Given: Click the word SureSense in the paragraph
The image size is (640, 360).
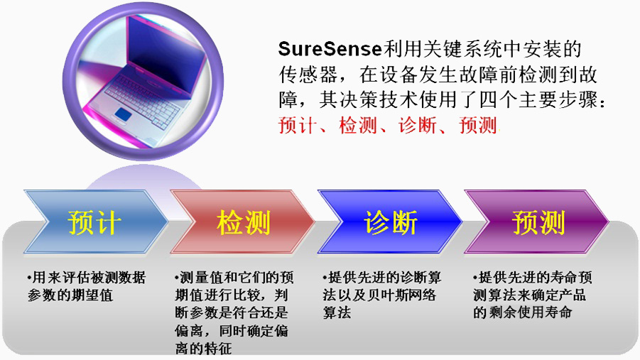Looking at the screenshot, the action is pyautogui.click(x=330, y=49).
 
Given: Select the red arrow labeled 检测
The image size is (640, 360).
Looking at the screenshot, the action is pyautogui.click(x=243, y=222).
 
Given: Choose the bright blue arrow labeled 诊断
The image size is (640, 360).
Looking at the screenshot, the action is pyautogui.click(x=390, y=222).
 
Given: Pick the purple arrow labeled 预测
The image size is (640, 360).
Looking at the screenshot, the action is pyautogui.click(x=537, y=222).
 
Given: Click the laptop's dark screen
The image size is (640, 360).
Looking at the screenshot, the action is pyautogui.click(x=163, y=53).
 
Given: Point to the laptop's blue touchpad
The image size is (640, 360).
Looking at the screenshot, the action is pyautogui.click(x=122, y=114).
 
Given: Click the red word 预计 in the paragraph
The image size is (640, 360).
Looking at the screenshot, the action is pyautogui.click(x=298, y=125).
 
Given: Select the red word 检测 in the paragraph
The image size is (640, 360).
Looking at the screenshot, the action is pyautogui.click(x=357, y=125).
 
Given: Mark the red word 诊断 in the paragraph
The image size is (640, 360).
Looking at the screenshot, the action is pyautogui.click(x=418, y=125).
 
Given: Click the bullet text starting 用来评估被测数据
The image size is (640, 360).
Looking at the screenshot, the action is pyautogui.click(x=87, y=278).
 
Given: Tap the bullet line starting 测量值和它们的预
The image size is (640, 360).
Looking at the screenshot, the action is pyautogui.click(x=234, y=278).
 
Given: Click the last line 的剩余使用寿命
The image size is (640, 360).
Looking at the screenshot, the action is pyautogui.click(x=523, y=312).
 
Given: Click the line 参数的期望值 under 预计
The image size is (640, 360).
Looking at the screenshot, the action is pyautogui.click(x=70, y=295).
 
